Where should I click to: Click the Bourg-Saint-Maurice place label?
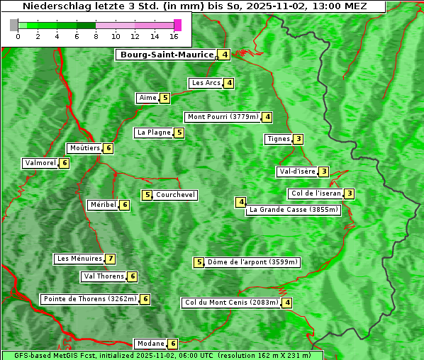pos(166,55)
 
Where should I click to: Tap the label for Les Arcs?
pos(206,83)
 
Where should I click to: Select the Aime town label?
pos(147,98)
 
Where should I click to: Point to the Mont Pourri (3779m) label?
pos(222,117)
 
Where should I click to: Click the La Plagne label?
pos(154,133)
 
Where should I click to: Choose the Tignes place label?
pos(278,139)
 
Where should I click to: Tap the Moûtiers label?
pos(84,148)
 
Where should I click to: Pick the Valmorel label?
pos(40,163)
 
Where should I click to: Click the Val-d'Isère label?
pos(296,171)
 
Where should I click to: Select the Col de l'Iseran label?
pos(316,193)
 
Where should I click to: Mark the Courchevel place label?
pos(176,195)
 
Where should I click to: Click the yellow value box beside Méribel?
pos(125,205)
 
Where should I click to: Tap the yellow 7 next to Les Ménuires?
pos(111,259)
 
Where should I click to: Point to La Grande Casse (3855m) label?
pos(294,210)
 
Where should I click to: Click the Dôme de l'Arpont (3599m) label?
pos(252,262)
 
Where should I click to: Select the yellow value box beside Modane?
pos(173,344)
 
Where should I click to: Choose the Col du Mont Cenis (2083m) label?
pos(230,303)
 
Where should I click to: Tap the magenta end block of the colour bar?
pos(177,25)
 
